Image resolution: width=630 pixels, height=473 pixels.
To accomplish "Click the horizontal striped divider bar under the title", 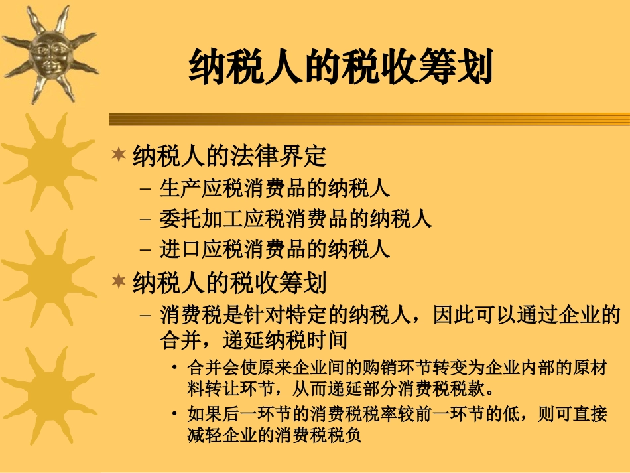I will click(369, 119).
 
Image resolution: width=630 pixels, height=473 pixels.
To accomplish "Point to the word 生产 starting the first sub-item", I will click(174, 188).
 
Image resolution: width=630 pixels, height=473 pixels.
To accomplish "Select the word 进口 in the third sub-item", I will click(174, 249).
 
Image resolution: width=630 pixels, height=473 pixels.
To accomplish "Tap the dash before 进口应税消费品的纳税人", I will click(147, 249).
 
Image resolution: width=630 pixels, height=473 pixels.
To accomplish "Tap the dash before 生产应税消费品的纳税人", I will click(147, 188).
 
